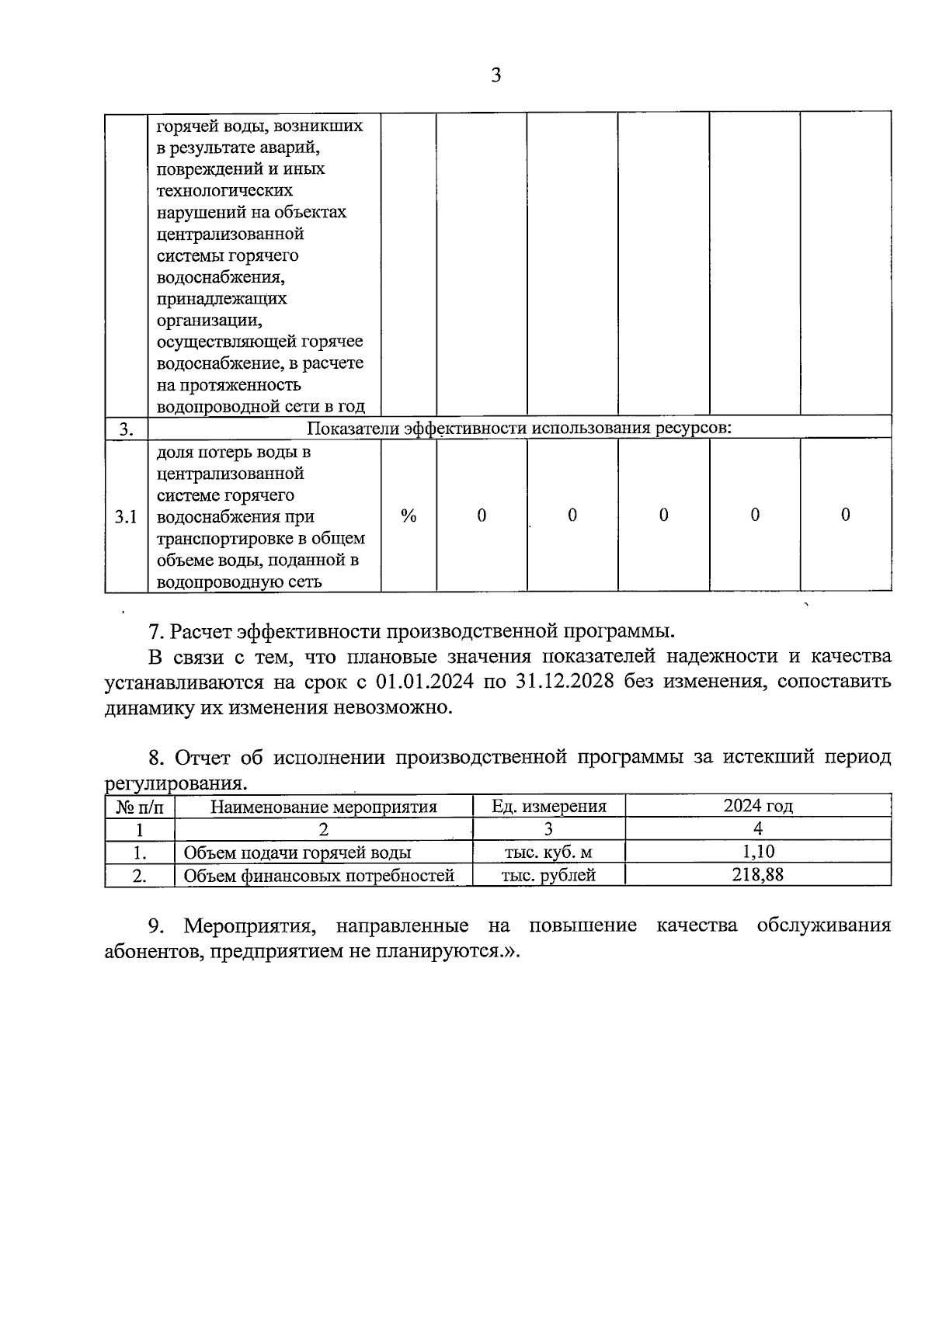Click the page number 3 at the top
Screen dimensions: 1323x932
[496, 75]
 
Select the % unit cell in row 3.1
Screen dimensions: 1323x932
[409, 516]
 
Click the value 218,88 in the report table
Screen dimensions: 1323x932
[757, 874]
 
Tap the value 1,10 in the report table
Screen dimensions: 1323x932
[758, 852]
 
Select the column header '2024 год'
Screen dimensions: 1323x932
[758, 806]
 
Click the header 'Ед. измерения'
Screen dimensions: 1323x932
[548, 806]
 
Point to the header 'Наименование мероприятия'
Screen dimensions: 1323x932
[324, 807]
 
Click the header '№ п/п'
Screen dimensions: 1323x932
[140, 807]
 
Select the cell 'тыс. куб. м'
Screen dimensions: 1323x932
[548, 852]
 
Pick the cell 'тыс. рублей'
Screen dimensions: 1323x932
[548, 875]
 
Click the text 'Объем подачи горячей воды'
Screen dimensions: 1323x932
[297, 852]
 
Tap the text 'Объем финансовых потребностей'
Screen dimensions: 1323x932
[318, 876]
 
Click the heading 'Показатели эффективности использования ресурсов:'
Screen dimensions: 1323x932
[520, 428]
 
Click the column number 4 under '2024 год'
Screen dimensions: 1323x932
[758, 828]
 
